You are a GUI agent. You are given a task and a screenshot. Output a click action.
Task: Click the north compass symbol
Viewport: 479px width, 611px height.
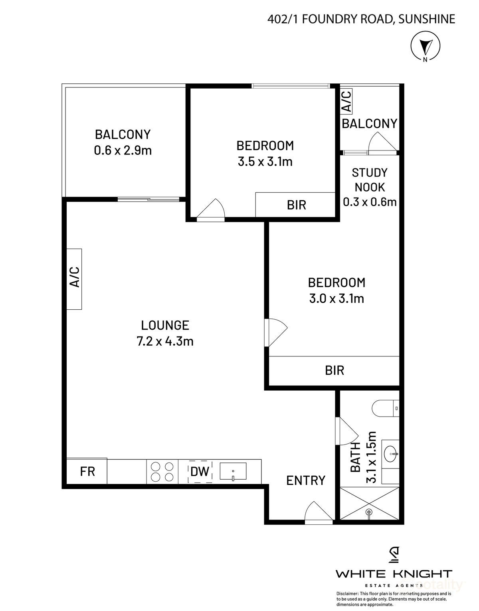(425, 46)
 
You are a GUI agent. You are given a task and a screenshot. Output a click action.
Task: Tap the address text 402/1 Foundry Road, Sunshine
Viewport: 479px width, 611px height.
(361, 19)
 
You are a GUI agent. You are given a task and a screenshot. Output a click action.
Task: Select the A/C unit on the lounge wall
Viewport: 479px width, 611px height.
(75, 279)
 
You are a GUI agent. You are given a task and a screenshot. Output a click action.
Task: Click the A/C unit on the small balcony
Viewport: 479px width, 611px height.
(346, 101)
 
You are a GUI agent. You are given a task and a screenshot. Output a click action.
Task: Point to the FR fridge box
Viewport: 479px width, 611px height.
(87, 471)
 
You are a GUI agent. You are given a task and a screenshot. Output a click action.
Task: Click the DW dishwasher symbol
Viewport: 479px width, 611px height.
(200, 472)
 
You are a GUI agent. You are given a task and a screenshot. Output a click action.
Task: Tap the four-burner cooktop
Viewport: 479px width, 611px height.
(162, 472)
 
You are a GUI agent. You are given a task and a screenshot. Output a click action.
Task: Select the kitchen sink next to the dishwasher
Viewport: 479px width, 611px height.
(233, 471)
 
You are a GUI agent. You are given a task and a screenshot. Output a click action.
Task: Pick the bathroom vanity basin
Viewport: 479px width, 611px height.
(391, 453)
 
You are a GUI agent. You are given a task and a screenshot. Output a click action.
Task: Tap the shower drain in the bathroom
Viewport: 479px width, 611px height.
(369, 511)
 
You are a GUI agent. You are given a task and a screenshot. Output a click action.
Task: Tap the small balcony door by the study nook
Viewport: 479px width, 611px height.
(382, 143)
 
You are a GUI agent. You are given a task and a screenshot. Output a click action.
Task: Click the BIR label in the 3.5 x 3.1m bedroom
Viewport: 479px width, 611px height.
(297, 205)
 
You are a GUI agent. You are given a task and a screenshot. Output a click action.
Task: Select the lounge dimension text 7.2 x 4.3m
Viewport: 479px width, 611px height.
(165, 342)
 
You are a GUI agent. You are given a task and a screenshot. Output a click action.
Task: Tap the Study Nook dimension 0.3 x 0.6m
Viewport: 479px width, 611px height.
(370, 202)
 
